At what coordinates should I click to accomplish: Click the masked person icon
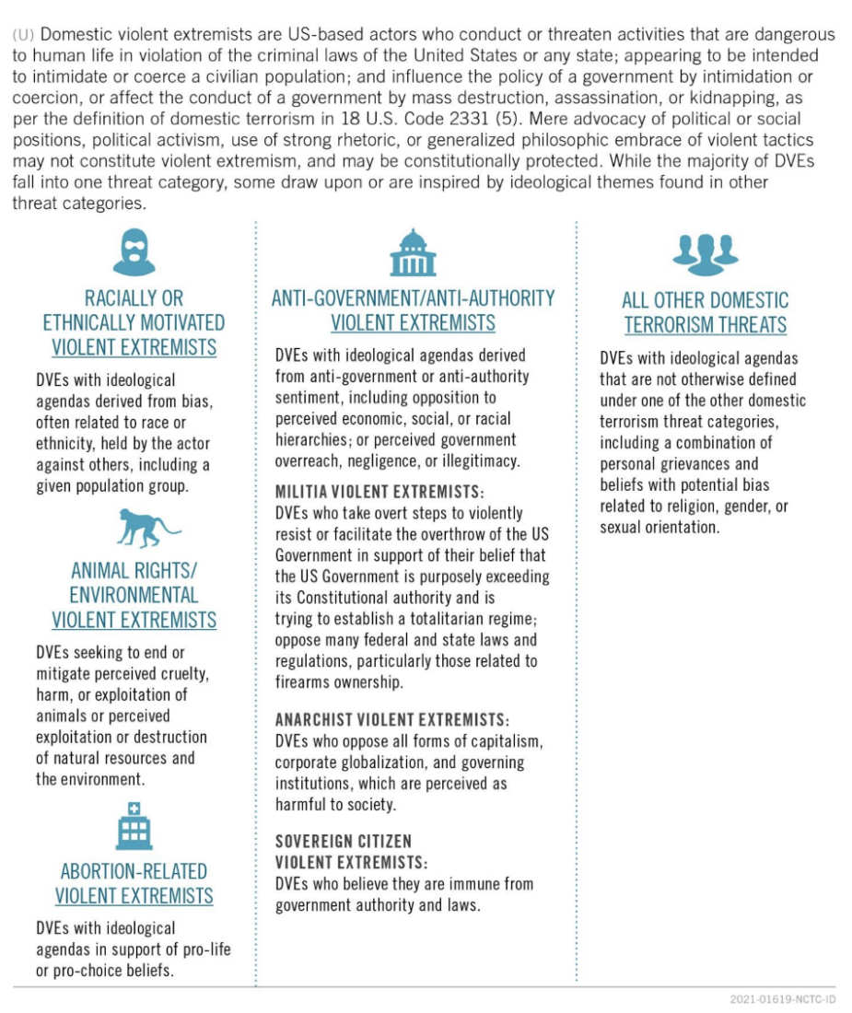(x=134, y=251)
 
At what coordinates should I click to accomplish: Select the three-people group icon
(x=705, y=253)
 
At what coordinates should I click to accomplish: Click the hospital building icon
(x=134, y=825)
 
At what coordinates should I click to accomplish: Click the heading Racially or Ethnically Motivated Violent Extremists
(x=134, y=323)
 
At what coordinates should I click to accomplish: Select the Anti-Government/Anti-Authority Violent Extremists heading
(x=413, y=310)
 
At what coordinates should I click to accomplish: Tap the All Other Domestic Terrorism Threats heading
(x=705, y=312)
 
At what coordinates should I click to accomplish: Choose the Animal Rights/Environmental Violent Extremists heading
(x=134, y=595)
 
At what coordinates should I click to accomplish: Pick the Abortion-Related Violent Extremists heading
(x=134, y=883)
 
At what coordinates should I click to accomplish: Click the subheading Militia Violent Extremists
(x=379, y=492)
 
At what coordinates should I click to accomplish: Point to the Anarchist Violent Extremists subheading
(x=392, y=718)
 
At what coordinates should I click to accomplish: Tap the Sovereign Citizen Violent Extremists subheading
(x=353, y=852)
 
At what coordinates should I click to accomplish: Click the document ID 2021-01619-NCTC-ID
(x=782, y=1000)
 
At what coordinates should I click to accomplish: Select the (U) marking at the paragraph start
(x=25, y=34)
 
